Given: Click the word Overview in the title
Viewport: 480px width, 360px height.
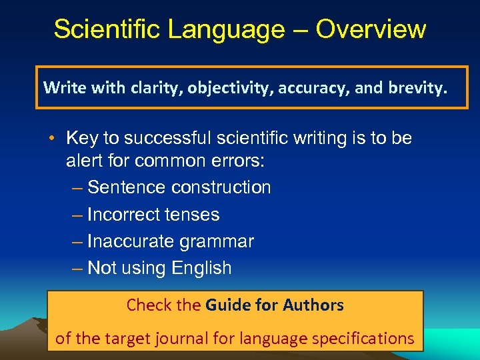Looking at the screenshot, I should (371, 29).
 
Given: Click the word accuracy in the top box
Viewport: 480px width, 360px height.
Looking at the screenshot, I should (309, 87).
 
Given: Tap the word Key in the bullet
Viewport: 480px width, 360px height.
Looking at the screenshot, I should (82, 138).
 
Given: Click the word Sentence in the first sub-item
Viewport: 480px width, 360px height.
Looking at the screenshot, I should (127, 187).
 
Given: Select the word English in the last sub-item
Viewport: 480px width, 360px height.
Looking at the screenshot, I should (201, 268).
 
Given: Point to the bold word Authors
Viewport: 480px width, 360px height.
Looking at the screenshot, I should (313, 305).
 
